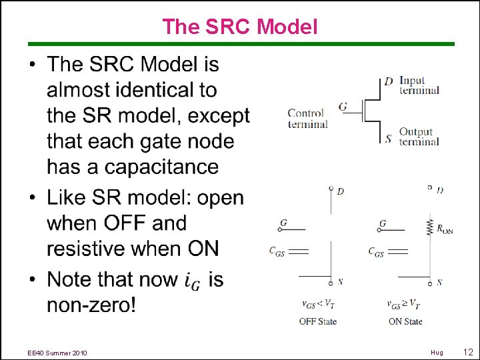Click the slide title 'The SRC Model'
point(240,27)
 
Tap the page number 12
point(468,352)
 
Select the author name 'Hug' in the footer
point(437,353)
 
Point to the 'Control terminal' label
point(307,118)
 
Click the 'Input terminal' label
point(419,85)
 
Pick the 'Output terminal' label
point(419,137)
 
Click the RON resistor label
point(445,229)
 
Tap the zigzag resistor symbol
point(429,227)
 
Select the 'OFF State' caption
point(317,321)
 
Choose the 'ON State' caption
point(405,321)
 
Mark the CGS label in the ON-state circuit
point(376,251)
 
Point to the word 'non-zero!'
point(91,305)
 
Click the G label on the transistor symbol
point(343,106)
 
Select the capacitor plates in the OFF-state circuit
point(299,251)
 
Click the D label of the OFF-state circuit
point(341,191)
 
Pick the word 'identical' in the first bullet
point(166,90)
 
